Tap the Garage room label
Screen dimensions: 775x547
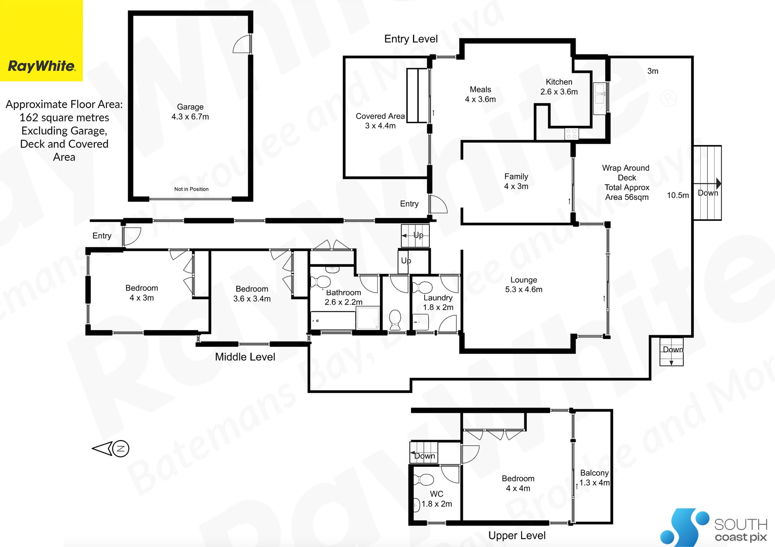(x=190, y=112)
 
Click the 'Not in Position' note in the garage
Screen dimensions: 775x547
(x=191, y=189)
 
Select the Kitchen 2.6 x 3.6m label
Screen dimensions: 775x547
(x=559, y=87)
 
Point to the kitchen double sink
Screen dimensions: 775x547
(x=600, y=94)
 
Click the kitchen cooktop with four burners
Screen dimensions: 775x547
(x=571, y=134)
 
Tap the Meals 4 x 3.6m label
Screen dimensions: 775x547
(x=480, y=94)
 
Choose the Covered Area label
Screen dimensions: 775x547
(x=380, y=121)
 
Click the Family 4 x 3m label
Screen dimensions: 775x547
(x=516, y=181)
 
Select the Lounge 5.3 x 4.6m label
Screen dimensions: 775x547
(x=524, y=285)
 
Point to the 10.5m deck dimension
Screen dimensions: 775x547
(x=678, y=195)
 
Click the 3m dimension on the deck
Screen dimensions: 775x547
(x=653, y=71)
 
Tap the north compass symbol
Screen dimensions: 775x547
(x=111, y=448)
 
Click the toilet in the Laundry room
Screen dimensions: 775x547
(x=421, y=287)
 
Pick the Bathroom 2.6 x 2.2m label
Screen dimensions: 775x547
(x=344, y=297)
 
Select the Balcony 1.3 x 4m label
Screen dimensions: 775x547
(x=595, y=478)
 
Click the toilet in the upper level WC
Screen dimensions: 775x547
(x=423, y=480)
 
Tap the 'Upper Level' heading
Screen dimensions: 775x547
(x=517, y=535)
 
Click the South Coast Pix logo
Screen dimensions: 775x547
(x=714, y=527)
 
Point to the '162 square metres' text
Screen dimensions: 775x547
(x=64, y=118)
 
